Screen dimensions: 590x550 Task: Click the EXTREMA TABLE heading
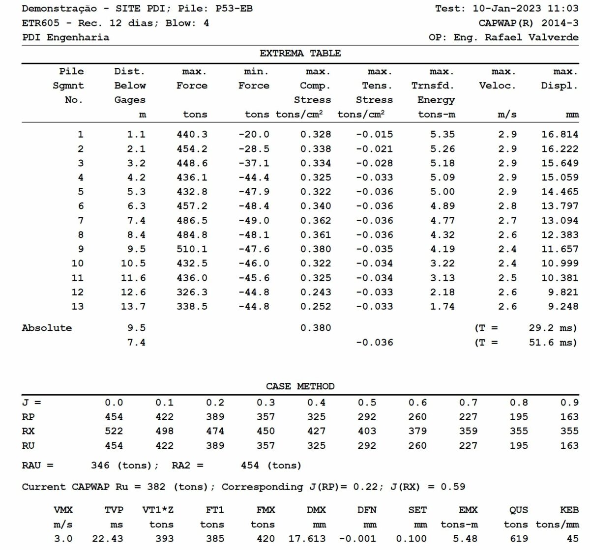tap(300, 54)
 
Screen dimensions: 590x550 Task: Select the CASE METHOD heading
tap(300, 386)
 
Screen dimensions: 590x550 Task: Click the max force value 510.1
tap(192, 249)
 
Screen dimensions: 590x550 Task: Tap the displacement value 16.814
tap(560, 134)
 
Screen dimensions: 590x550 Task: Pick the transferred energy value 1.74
tap(442, 306)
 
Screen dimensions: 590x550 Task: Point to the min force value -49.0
tap(254, 221)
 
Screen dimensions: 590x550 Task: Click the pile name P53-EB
tap(234, 9)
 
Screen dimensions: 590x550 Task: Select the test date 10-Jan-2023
tap(507, 9)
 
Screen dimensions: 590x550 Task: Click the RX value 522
tap(114, 431)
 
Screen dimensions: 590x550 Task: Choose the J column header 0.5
tap(367, 403)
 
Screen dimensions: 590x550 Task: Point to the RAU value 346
tap(100, 465)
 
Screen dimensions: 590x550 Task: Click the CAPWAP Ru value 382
tap(156, 487)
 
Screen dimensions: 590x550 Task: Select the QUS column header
tap(519, 510)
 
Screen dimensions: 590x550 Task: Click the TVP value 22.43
tap(108, 538)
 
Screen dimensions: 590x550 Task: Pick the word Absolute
tap(47, 328)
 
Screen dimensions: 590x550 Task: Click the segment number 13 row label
tap(78, 306)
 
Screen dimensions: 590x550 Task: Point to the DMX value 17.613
tap(307, 538)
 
